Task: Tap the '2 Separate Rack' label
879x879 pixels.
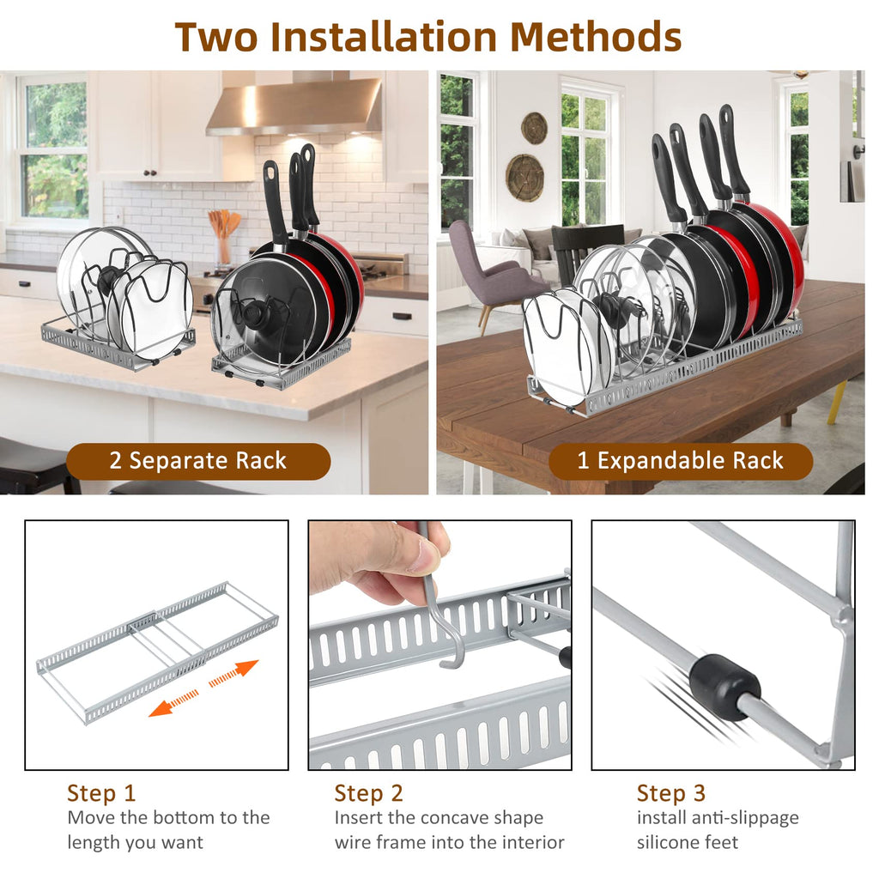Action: (x=197, y=461)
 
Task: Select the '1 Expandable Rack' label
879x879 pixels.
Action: (x=680, y=461)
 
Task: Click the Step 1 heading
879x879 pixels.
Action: (x=101, y=792)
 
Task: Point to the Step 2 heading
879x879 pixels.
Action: (x=368, y=792)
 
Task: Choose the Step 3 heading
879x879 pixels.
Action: (x=670, y=792)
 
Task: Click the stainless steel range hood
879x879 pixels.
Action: (x=294, y=107)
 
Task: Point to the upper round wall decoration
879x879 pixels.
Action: (x=534, y=128)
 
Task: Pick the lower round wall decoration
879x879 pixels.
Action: (x=524, y=178)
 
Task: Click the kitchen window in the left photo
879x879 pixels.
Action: (x=52, y=149)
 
